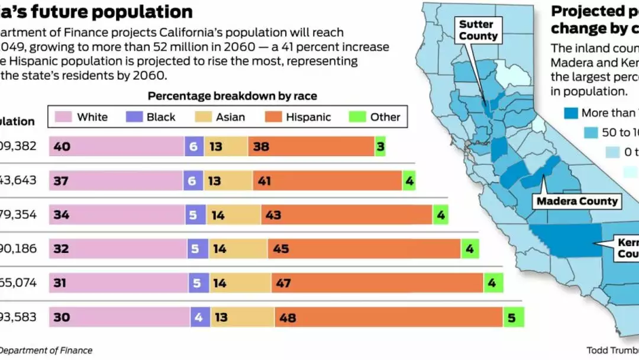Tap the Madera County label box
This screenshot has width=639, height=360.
pos(577,201)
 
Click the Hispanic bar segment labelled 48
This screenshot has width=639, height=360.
pos(389,317)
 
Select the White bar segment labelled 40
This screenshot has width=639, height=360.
pos(117,146)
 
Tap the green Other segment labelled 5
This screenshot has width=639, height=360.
pos(514,317)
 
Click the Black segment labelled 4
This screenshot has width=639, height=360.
pos(200,317)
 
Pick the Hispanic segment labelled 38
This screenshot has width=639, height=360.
pos(311,146)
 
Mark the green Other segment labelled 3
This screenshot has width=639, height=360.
pos(380,146)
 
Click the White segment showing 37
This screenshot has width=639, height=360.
pos(116,181)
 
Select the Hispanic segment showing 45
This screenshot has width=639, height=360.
pos(364,249)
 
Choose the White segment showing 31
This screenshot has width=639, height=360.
pos(119,283)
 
